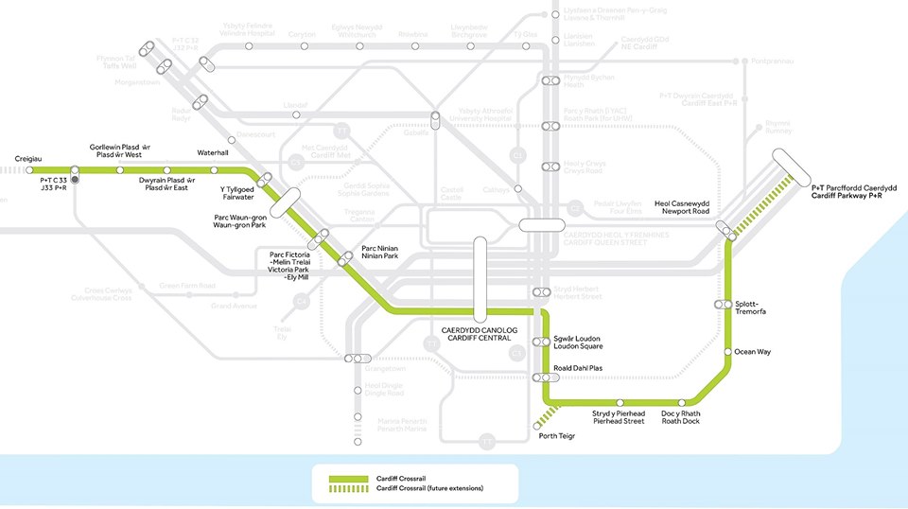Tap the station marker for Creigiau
tap(30, 170)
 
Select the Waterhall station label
tap(213, 152)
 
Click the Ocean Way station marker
tap(727, 352)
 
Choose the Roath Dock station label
tap(681, 417)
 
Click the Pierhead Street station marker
tap(619, 402)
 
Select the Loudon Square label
tap(577, 342)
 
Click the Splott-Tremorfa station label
tap(753, 307)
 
